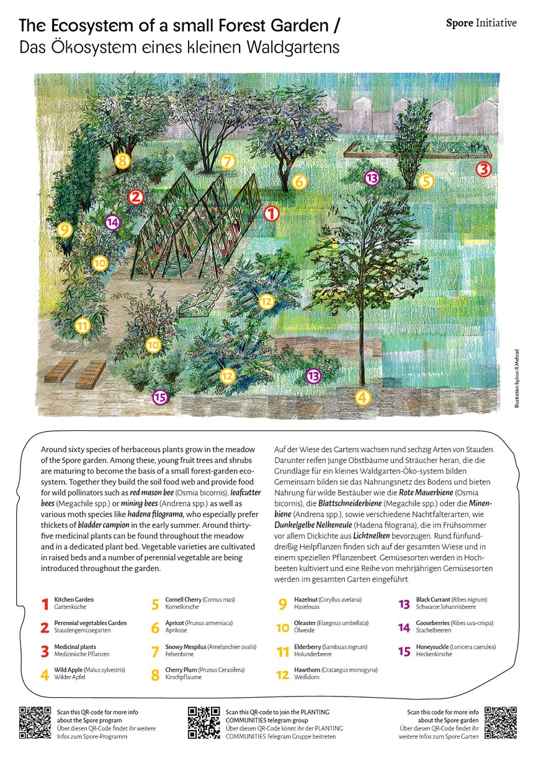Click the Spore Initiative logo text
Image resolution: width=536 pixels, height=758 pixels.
481,23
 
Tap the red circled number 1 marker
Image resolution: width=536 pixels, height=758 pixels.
272,214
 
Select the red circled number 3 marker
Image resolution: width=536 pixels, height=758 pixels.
484,169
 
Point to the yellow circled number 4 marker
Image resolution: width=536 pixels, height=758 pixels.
362,397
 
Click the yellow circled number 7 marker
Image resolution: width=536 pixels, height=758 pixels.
228,161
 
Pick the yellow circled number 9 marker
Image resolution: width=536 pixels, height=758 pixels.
64,230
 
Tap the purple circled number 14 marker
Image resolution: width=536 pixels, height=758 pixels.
112,222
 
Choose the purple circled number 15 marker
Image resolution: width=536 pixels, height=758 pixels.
160,397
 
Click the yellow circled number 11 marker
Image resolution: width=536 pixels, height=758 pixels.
82,325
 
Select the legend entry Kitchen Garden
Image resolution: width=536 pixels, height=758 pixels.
74,600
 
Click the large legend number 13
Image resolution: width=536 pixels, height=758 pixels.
404,604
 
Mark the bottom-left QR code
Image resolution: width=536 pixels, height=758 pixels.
34,722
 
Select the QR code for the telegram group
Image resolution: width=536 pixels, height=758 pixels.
204,722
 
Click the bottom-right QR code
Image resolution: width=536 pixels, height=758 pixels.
501,722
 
